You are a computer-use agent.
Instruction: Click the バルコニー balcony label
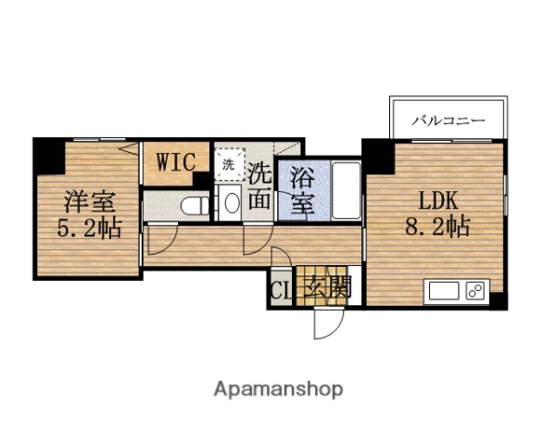click(x=449, y=120)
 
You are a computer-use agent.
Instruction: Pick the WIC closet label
click(x=175, y=161)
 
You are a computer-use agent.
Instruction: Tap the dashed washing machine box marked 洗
click(x=228, y=164)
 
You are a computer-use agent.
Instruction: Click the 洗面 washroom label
click(x=260, y=185)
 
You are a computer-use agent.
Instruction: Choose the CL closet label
click(x=279, y=290)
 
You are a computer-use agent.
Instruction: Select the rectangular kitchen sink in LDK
click(x=443, y=292)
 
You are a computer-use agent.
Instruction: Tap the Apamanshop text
click(x=279, y=388)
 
